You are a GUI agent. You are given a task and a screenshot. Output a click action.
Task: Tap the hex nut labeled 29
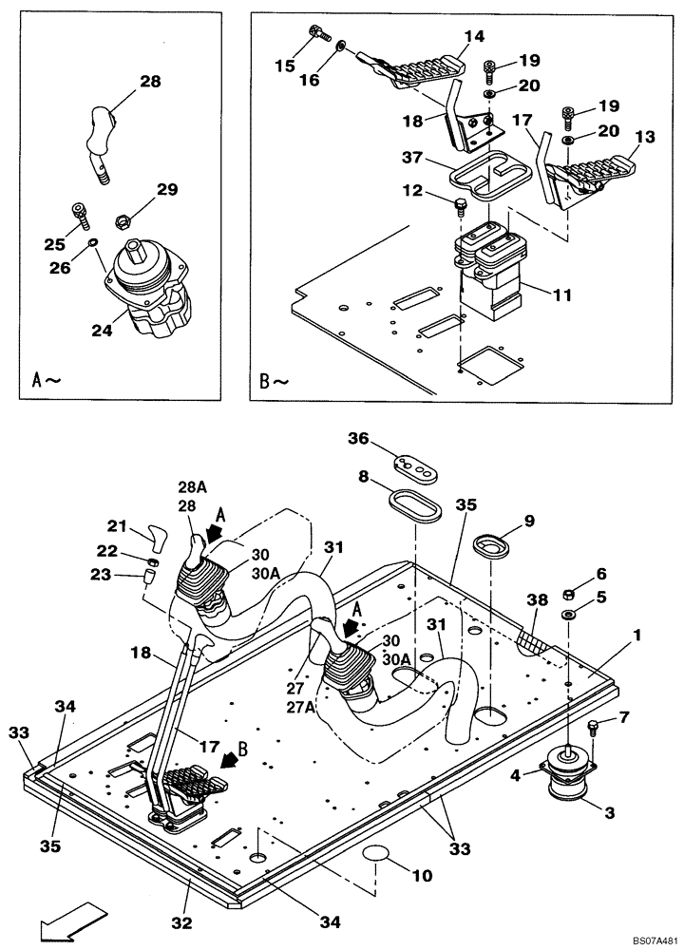[x=123, y=221]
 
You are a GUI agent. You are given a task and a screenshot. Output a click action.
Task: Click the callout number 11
[x=562, y=295]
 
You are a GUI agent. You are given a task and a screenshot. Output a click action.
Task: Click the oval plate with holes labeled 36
[x=414, y=464]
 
